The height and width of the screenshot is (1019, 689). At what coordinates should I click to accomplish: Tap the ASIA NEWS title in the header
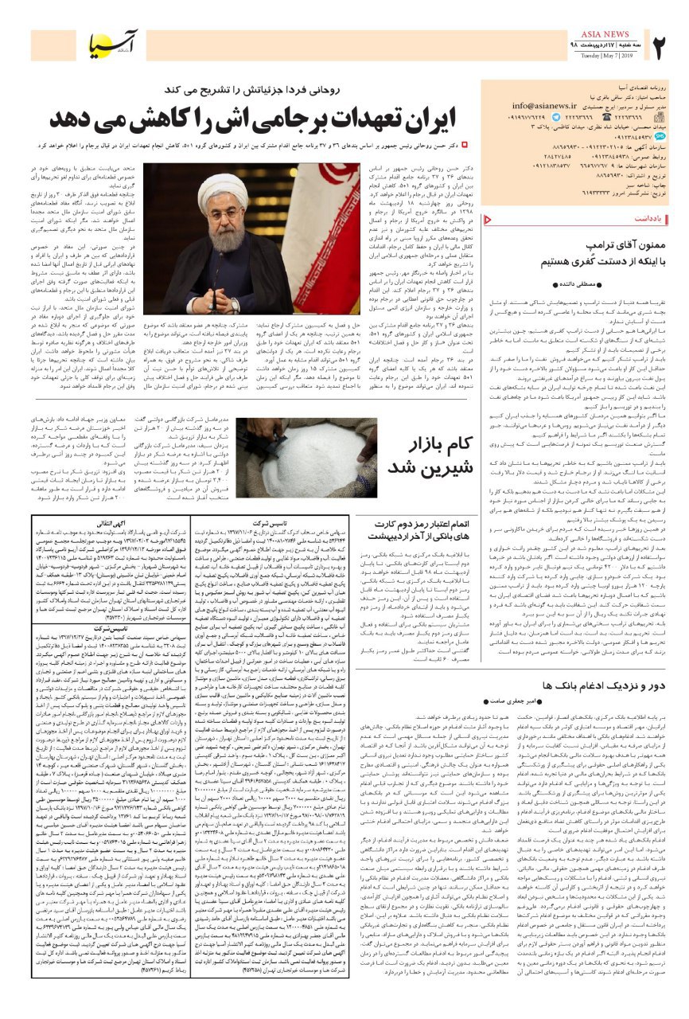(608, 33)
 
